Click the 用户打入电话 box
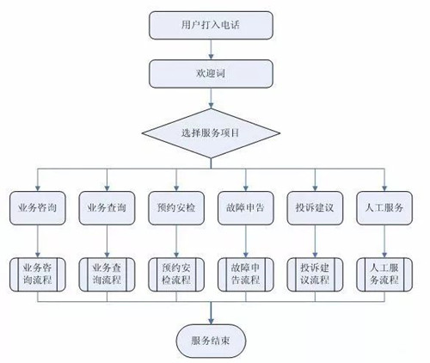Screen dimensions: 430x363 (211, 25)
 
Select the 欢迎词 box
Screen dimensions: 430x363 (211, 74)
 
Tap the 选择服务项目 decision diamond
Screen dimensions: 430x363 (211, 133)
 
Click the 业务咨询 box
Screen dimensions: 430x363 (38, 208)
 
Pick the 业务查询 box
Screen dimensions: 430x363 (107, 208)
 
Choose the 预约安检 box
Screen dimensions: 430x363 (176, 208)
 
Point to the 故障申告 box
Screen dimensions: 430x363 (246, 208)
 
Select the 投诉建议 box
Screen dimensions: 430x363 (315, 208)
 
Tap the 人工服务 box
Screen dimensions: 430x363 (384, 208)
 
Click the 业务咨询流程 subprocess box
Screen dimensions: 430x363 (38, 274)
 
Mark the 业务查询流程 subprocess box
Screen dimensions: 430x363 (107, 274)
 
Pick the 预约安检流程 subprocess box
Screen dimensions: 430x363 (176, 274)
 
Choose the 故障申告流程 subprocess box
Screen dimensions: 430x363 (246, 274)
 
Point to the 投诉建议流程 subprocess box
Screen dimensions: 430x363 (315, 274)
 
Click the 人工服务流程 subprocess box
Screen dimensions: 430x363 (384, 274)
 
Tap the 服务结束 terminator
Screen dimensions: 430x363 (211, 341)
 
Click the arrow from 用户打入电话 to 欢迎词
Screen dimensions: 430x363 (211, 49)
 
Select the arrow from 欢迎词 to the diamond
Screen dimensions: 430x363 (211, 98)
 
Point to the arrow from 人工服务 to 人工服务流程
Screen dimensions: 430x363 (384, 241)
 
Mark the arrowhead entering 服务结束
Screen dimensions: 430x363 (211, 321)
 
